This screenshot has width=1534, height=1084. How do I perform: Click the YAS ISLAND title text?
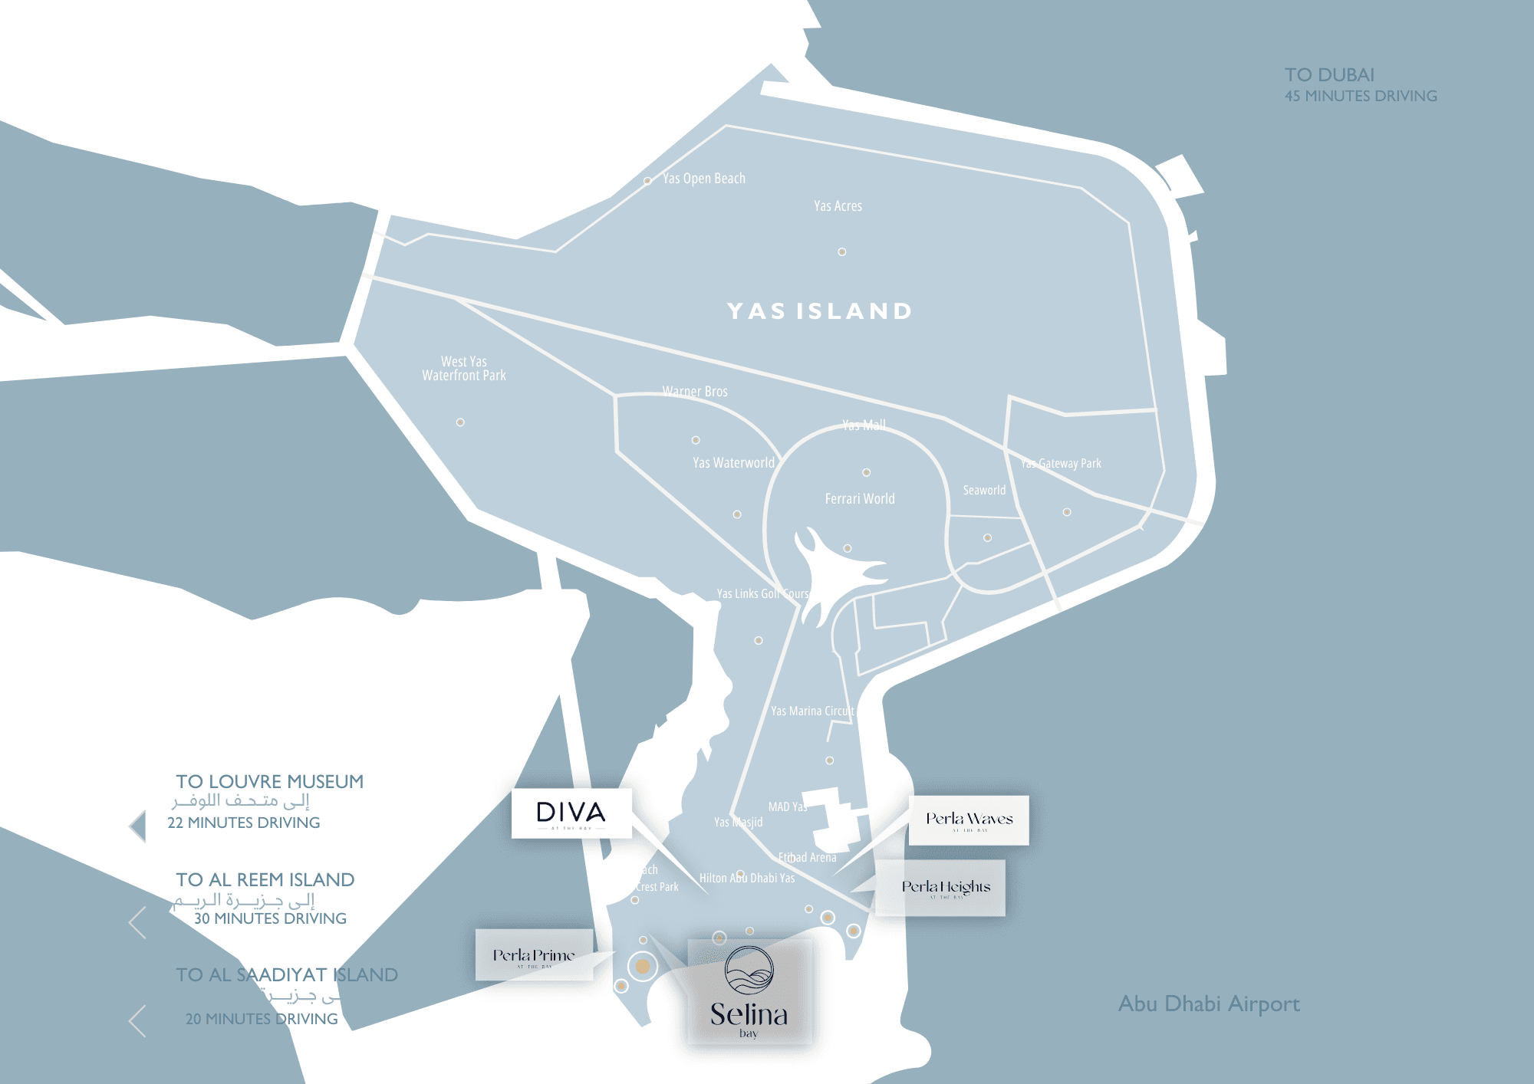click(819, 311)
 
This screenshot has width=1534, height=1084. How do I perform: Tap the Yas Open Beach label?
click(703, 179)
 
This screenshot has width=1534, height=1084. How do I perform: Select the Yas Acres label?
click(838, 206)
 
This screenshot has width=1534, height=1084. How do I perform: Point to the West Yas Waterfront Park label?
click(463, 369)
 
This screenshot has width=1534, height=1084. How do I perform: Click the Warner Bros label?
click(695, 392)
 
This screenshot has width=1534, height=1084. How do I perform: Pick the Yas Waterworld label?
click(733, 463)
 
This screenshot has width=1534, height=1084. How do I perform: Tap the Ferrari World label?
click(859, 499)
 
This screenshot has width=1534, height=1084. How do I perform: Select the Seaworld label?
click(984, 491)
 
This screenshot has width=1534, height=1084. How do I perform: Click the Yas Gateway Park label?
click(1061, 464)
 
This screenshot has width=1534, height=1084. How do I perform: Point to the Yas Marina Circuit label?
click(811, 711)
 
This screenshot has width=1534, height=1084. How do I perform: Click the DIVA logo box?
click(571, 813)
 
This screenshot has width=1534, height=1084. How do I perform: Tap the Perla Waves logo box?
click(969, 820)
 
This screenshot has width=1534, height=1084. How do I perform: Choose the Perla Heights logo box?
click(941, 888)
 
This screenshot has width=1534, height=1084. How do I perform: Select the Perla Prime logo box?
click(534, 955)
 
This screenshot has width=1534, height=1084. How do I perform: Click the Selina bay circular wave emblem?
click(749, 971)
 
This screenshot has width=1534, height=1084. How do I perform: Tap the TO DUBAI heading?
click(1329, 75)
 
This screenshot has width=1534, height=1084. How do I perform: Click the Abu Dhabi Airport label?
click(1209, 1004)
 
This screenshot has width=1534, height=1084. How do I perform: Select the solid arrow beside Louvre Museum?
click(138, 826)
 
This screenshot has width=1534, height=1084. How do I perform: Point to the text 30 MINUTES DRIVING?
click(270, 918)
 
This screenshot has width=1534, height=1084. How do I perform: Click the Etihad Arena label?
click(807, 858)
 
